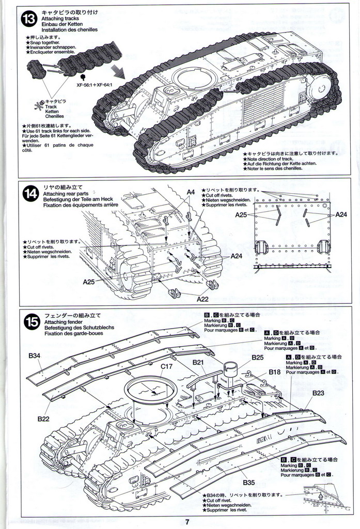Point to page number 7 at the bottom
click(187, 521)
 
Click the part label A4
click(191, 192)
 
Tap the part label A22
click(202, 298)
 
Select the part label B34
click(35, 356)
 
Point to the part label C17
click(166, 366)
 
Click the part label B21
click(198, 362)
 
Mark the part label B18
click(275, 372)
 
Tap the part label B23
click(318, 393)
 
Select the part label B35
click(248, 483)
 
